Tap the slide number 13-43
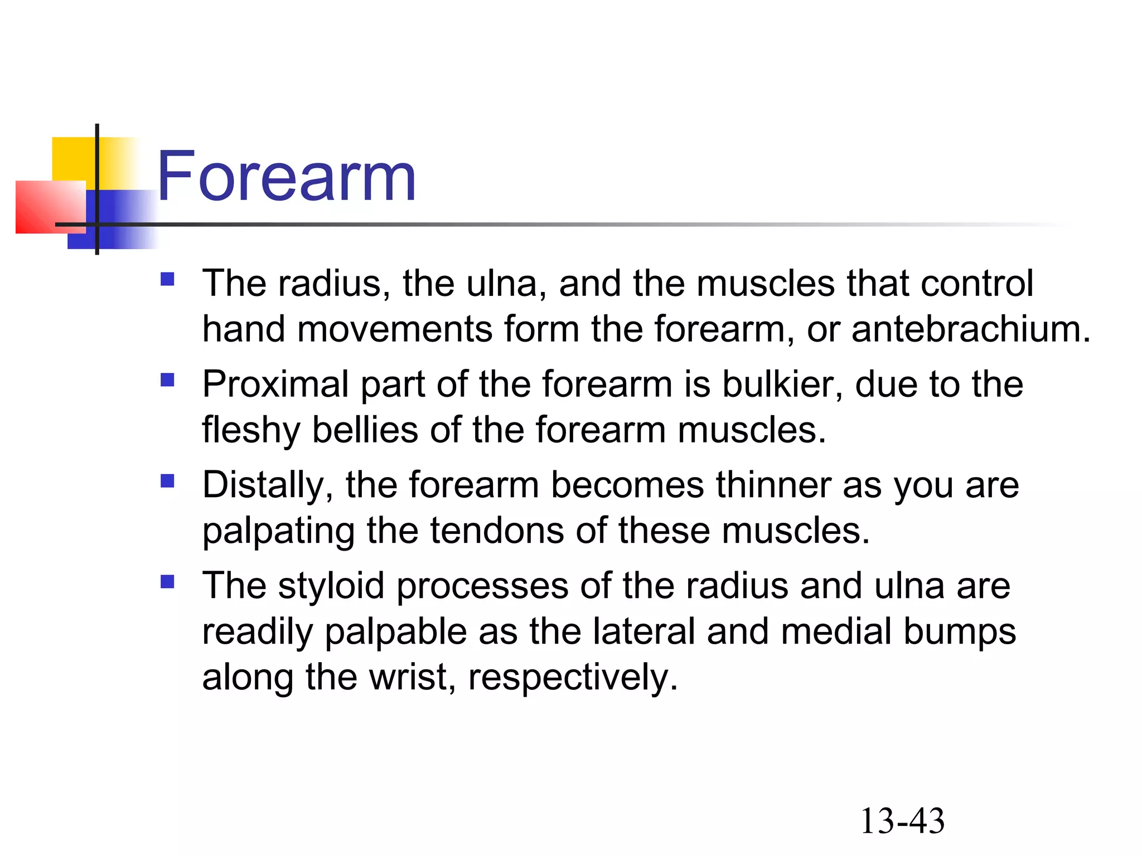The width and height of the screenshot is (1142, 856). coord(902,821)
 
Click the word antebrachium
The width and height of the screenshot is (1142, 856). coord(970,329)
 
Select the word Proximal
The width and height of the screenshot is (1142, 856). coord(275,385)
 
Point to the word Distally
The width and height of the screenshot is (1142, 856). coord(268,485)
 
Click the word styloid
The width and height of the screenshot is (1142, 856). coord(331,586)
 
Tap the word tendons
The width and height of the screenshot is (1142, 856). coord(497,531)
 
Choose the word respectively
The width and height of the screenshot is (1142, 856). coord(573,678)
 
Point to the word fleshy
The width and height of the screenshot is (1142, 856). coord(251,430)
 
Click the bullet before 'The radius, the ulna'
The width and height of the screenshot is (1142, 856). coord(167,279)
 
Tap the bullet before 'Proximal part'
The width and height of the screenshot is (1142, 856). coord(167,380)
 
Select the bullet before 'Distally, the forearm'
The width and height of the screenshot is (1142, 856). coord(167,480)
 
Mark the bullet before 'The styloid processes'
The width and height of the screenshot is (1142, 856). coord(167,582)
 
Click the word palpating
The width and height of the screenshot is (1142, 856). coord(278,531)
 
